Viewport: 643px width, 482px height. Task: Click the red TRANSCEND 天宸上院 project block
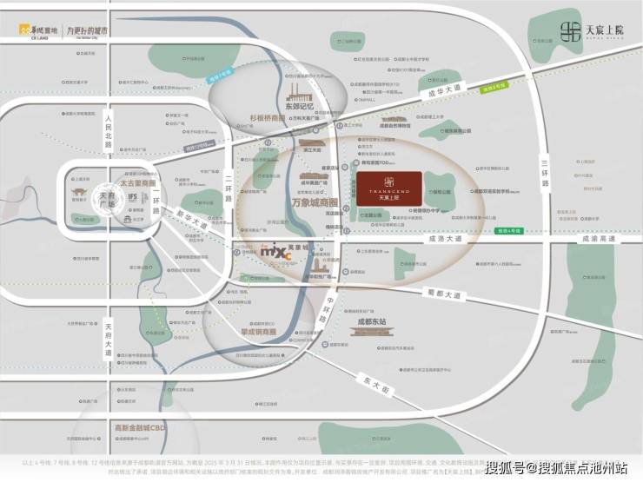[388, 187]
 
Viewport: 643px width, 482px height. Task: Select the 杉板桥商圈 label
[267, 117]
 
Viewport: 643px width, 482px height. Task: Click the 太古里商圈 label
[138, 184]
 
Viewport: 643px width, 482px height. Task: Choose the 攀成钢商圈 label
[257, 332]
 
